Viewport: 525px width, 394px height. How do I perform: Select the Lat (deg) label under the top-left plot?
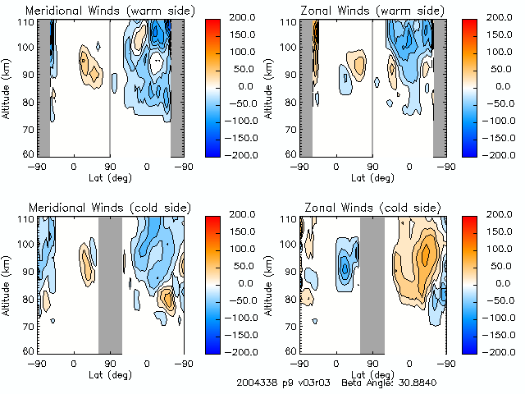[110, 177]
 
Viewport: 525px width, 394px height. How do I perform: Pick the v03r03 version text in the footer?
[312, 383]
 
